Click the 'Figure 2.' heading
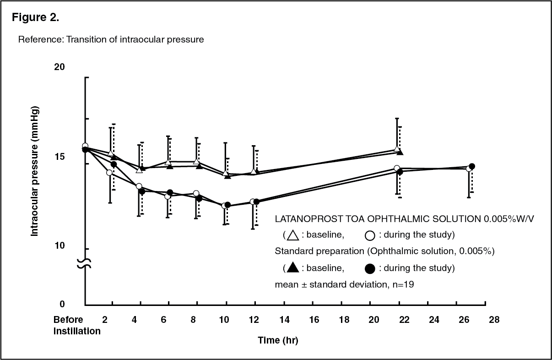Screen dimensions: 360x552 click(35, 18)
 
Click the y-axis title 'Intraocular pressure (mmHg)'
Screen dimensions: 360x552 click(34, 171)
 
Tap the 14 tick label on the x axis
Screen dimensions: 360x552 click(285, 319)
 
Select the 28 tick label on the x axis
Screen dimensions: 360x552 click(494, 319)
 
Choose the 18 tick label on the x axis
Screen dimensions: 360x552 click(344, 319)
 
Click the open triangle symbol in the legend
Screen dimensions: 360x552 click(292, 235)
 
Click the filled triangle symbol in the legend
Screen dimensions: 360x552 click(292, 267)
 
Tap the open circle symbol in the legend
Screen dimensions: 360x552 click(370, 236)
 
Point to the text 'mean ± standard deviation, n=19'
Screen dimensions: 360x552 click(345, 284)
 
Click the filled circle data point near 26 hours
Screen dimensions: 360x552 click(472, 166)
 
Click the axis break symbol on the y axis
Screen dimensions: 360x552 click(85, 263)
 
